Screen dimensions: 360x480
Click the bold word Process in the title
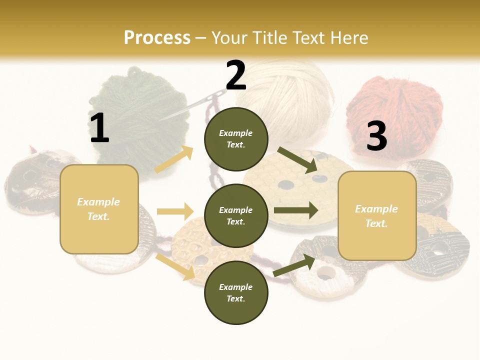pos(157,37)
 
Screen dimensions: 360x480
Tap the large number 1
pos(99,128)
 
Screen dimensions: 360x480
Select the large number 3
pos(376,136)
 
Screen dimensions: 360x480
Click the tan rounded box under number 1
pos(99,209)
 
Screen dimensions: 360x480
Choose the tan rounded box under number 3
pos(377,215)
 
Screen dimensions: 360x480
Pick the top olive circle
pos(236,139)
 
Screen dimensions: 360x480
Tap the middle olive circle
pos(236,215)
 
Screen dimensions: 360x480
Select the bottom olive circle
pos(236,292)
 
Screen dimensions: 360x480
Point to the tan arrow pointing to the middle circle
pos(175,211)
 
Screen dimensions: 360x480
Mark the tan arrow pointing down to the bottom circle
pos(175,266)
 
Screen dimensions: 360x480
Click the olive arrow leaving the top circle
pos(297,160)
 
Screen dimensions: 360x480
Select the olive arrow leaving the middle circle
pos(295,210)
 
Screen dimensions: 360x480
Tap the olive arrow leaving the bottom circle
pos(294,265)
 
